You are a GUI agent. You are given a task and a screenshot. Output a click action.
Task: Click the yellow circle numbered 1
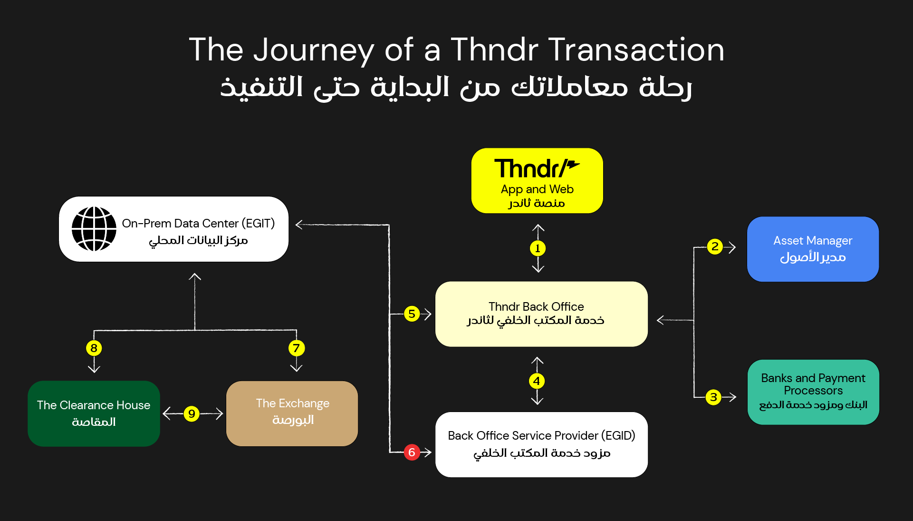tap(538, 248)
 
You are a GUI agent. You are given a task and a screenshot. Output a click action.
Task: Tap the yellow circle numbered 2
tap(714, 246)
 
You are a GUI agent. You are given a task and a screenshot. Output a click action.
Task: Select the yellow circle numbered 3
tap(713, 397)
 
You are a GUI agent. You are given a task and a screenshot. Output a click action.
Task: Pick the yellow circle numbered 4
tap(537, 381)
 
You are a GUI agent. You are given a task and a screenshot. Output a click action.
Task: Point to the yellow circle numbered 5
tap(412, 314)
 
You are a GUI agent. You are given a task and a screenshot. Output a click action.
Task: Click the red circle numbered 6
tap(412, 452)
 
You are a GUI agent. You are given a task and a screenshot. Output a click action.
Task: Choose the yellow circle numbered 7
tap(296, 348)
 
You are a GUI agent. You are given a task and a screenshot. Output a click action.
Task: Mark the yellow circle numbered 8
tap(94, 348)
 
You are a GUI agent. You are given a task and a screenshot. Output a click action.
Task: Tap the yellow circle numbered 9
tap(192, 413)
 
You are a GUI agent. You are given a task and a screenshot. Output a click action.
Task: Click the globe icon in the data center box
tap(94, 229)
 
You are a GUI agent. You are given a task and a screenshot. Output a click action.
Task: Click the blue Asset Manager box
tap(813, 249)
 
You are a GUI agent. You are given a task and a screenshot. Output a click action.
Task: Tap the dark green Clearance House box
tap(94, 413)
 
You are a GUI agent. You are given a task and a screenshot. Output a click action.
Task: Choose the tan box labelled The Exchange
tap(292, 413)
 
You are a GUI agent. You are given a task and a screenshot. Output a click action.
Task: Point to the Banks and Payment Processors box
tap(813, 392)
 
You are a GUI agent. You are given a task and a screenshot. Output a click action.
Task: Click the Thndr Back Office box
tap(541, 314)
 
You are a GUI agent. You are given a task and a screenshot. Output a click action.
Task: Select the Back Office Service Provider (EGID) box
tap(541, 444)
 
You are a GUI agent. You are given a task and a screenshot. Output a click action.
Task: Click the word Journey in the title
tap(314, 50)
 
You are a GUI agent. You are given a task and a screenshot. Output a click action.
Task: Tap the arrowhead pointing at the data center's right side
tap(299, 224)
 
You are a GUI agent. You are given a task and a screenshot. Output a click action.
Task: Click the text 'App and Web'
tap(537, 189)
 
